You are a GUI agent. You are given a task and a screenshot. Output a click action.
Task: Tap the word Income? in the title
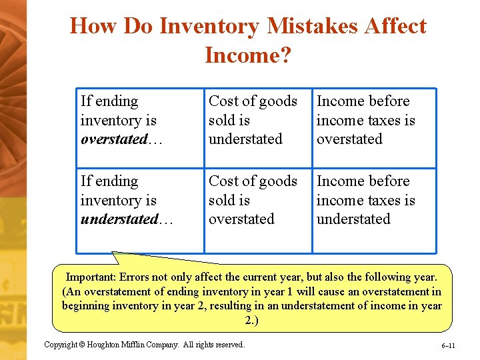pos(248,55)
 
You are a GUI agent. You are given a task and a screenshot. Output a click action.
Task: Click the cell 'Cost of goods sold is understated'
pos(253,120)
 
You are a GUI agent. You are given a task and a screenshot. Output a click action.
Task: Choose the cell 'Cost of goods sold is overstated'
pos(253,200)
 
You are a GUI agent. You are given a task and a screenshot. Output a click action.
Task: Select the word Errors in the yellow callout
pos(139,277)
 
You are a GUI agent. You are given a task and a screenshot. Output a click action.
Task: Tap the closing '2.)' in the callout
pos(251,320)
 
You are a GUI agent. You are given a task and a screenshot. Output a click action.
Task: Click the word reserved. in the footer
pos(228,345)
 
